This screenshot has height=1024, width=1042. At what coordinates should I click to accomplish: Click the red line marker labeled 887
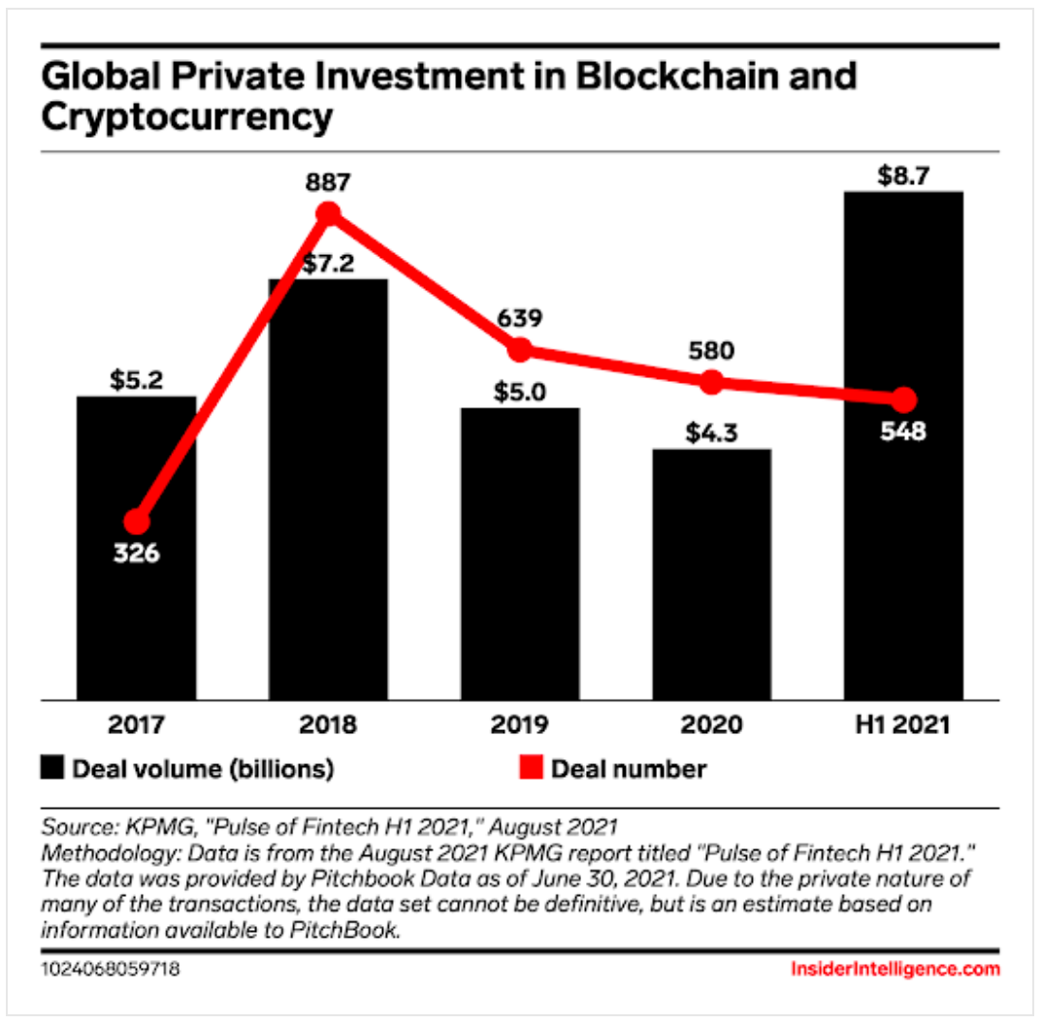[329, 214]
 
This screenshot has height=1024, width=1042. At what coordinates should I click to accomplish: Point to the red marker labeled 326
[138, 522]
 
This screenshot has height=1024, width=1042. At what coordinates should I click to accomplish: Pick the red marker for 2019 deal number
[520, 349]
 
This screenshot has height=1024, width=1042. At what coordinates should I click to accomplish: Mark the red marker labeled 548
[903, 400]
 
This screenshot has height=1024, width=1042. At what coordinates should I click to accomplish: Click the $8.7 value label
[903, 177]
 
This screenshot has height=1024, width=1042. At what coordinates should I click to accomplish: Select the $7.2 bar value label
[329, 265]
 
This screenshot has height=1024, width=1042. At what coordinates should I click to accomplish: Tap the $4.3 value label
[711, 432]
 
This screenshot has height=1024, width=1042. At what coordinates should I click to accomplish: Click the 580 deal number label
[711, 350]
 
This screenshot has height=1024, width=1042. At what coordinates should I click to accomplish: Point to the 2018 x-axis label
[329, 724]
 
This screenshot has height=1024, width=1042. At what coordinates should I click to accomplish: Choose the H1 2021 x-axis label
[903, 724]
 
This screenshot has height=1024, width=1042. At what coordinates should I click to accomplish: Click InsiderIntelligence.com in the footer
[895, 969]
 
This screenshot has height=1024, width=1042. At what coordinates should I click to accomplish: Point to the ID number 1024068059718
[111, 969]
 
